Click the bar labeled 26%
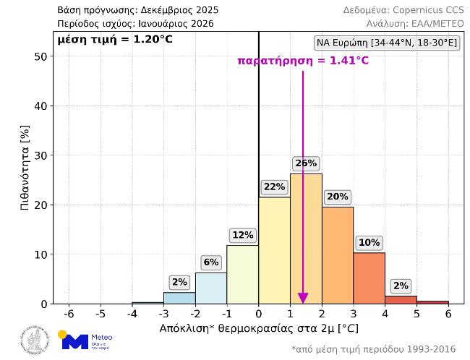(306, 239)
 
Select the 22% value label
(274, 187)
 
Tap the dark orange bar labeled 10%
(369, 278)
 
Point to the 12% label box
(242, 235)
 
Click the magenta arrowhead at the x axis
(303, 298)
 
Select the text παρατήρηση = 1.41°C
(303, 61)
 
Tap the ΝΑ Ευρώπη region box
(387, 43)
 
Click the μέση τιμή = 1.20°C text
(115, 38)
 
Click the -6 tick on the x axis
(69, 314)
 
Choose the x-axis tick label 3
(354, 314)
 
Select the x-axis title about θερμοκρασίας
(258, 328)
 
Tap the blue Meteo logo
(85, 340)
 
